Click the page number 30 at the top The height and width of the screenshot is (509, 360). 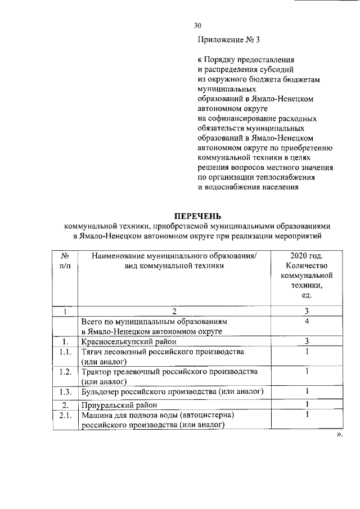point(197,25)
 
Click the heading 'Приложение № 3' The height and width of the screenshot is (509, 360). point(228,40)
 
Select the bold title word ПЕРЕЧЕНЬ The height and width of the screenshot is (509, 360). point(197,215)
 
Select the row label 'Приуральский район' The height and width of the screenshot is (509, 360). point(118,405)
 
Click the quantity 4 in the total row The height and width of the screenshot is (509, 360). point(307,322)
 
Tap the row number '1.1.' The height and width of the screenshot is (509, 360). point(65,352)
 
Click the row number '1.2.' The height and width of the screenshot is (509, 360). point(65,372)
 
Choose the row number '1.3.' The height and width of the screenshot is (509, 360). point(65,392)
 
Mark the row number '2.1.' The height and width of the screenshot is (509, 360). point(65,416)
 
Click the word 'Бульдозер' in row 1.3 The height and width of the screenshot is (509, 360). point(100,392)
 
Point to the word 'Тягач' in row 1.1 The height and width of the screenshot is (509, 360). point(92,352)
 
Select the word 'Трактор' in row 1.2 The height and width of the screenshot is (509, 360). point(96,372)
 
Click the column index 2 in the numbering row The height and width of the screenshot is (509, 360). point(174,311)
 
